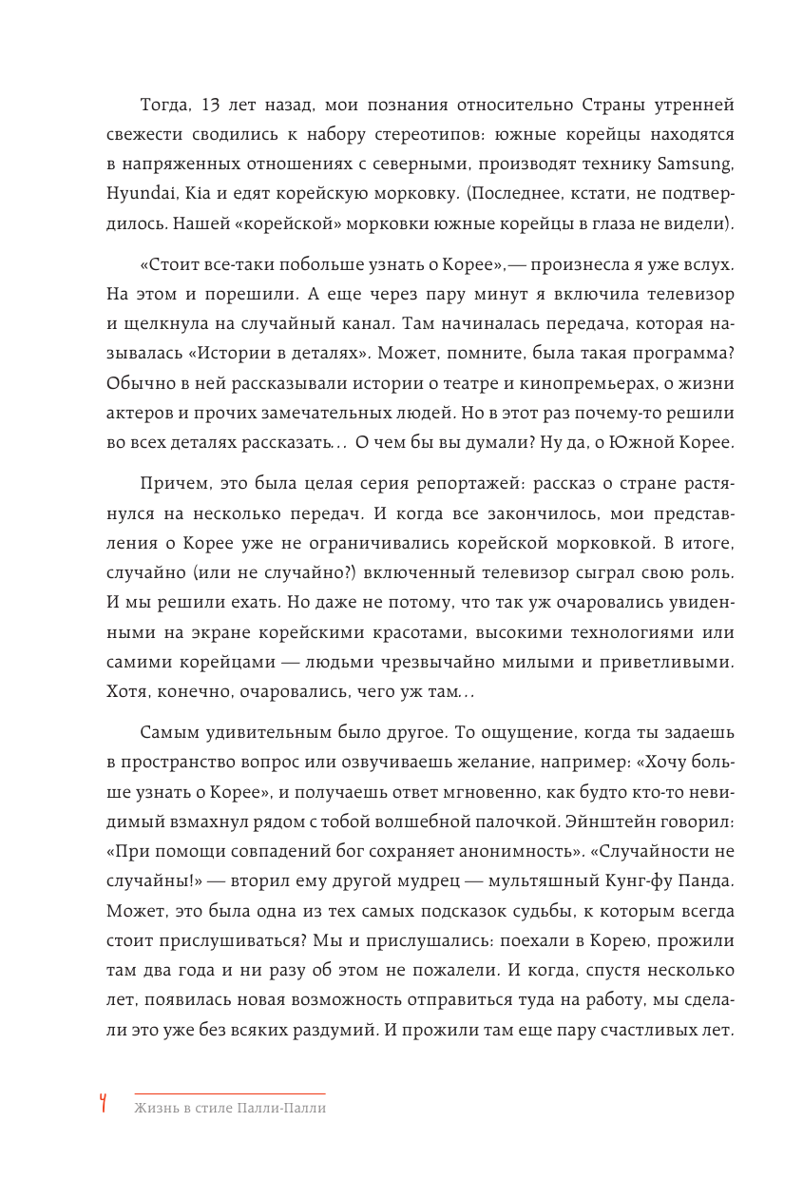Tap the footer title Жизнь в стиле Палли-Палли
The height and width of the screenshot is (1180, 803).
230,1109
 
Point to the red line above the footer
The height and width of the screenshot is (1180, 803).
230,1093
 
